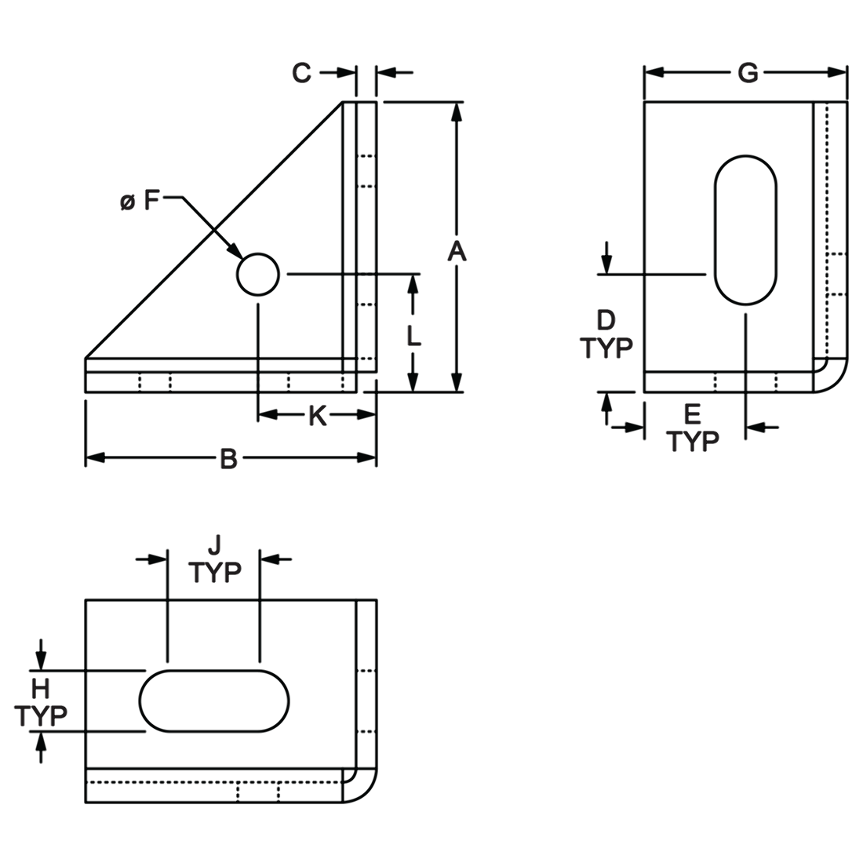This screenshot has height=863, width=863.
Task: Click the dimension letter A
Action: (x=457, y=252)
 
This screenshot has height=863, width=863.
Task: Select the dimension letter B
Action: (x=228, y=458)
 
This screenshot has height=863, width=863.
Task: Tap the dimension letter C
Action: (x=301, y=72)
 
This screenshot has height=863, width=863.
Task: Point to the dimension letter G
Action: (x=748, y=72)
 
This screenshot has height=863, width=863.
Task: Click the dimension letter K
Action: (x=318, y=417)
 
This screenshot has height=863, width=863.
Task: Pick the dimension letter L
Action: (x=414, y=336)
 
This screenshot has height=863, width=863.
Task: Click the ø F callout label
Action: (x=140, y=202)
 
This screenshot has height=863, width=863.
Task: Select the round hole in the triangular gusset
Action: (x=257, y=274)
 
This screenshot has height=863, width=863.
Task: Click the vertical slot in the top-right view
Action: (x=745, y=230)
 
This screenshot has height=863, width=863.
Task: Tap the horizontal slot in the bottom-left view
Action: (x=215, y=701)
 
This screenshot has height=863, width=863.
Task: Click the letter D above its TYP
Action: (x=606, y=320)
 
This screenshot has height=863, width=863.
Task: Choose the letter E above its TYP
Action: (x=692, y=414)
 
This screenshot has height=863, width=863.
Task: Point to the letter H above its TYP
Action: (x=40, y=689)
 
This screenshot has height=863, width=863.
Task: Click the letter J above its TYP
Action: (x=215, y=545)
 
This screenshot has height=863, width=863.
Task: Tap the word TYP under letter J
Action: (x=215, y=573)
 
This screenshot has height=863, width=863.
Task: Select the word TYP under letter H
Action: (x=41, y=716)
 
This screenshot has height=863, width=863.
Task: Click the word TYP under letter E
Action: (x=693, y=441)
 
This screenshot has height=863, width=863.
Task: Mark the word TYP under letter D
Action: (x=606, y=348)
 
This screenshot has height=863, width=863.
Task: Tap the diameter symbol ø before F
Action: (x=127, y=202)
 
